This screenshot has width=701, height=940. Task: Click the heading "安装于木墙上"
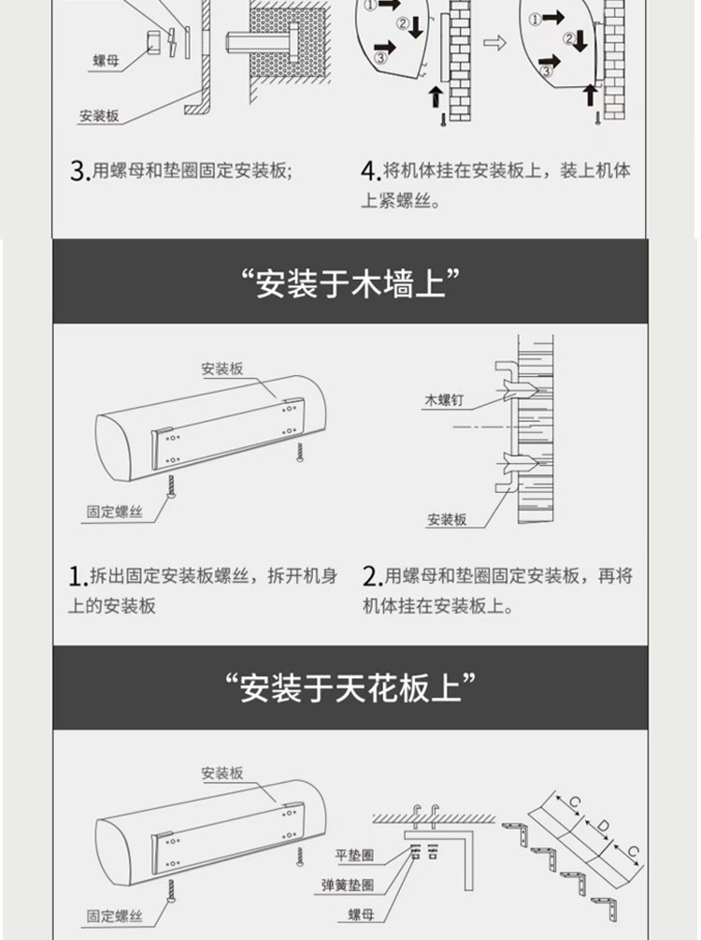click(x=350, y=283)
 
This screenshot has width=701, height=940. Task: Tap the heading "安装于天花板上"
click(x=350, y=687)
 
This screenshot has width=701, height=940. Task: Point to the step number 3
click(x=79, y=171)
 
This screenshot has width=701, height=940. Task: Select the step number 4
click(x=369, y=171)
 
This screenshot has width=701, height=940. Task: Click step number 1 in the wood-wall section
click(x=76, y=577)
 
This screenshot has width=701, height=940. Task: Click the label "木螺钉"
click(x=444, y=400)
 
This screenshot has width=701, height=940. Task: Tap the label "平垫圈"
click(x=354, y=855)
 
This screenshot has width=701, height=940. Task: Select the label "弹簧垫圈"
click(x=348, y=885)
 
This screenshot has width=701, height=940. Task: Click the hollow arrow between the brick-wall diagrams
click(x=494, y=43)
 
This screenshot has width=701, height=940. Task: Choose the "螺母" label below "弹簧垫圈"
click(x=362, y=914)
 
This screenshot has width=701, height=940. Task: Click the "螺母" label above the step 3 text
click(x=106, y=61)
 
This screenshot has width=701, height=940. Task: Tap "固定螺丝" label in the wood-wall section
click(x=115, y=512)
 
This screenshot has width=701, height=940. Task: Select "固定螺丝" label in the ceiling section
click(x=115, y=916)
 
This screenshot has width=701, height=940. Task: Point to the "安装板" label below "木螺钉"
click(x=447, y=520)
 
